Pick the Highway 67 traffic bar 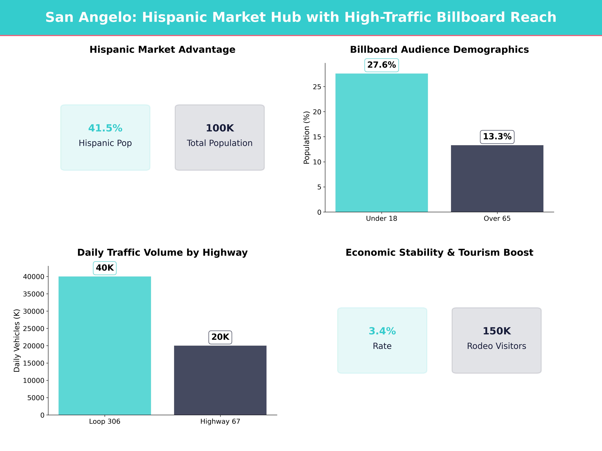[x=220, y=380]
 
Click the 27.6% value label [x=382, y=65]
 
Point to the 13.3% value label [x=497, y=136]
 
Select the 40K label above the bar [x=105, y=268]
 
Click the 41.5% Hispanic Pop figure [x=105, y=128]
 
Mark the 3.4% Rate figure [x=382, y=331]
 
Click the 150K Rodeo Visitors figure [x=497, y=331]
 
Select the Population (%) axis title [x=307, y=138]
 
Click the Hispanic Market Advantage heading [x=162, y=50]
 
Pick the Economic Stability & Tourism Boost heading [x=439, y=253]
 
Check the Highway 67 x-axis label [x=220, y=421]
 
